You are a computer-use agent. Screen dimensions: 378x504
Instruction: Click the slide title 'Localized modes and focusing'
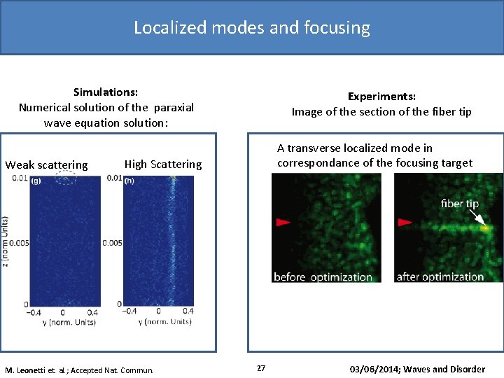252,27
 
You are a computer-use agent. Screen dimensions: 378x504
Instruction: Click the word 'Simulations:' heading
106,92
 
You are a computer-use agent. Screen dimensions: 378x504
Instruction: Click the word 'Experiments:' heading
381,97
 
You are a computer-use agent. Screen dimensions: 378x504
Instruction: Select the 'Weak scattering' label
47,165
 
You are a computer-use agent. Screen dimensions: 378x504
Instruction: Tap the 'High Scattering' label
162,164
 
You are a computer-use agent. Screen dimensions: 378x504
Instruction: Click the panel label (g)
36,181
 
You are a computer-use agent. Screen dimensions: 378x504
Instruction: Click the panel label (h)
129,181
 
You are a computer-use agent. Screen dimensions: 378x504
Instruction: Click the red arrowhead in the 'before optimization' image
282,223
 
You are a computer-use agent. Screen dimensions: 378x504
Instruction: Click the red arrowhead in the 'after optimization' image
405,223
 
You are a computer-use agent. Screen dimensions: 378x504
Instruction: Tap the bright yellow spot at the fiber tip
484,227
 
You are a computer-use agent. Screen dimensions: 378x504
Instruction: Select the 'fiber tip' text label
460,204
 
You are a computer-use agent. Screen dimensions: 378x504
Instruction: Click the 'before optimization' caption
323,276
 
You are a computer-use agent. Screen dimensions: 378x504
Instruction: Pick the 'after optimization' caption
440,276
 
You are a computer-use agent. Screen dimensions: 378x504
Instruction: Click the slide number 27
261,368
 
